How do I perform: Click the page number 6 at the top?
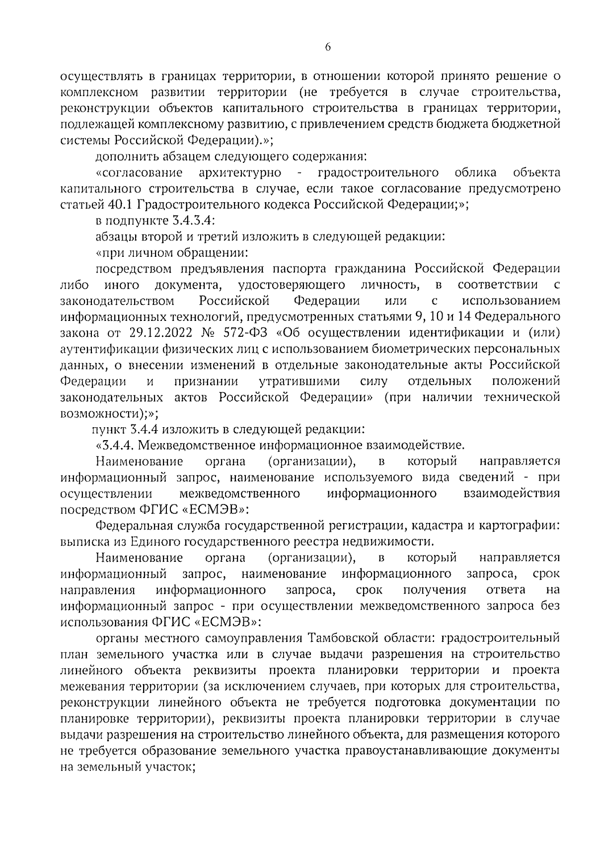point(328,48)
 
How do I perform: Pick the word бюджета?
point(470,124)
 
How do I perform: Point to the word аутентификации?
point(107,348)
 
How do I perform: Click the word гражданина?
point(372,268)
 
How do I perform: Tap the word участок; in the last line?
point(163,766)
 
